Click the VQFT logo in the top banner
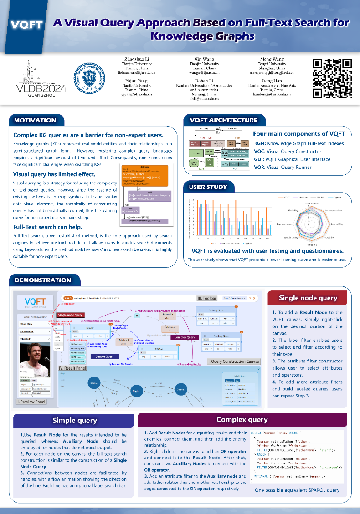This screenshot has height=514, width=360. coord(26,25)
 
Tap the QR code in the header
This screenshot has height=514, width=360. coord(332,78)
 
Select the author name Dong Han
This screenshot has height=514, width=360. coord(272,81)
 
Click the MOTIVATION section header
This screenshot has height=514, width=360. coord(35,121)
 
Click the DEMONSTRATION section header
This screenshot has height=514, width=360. coord(43,280)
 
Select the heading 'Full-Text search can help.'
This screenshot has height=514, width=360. coord(47,227)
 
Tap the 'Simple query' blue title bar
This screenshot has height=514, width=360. coord(75,420)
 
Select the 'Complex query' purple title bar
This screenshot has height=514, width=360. coord(242,419)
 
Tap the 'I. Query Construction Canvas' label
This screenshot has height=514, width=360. coord(234,361)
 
